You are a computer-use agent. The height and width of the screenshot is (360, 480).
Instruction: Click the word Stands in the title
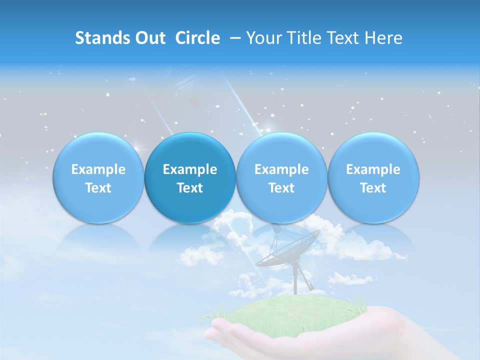click(x=98, y=38)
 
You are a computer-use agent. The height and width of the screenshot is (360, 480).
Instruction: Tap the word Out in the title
click(x=149, y=38)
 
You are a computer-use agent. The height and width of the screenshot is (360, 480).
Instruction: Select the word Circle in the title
click(x=197, y=38)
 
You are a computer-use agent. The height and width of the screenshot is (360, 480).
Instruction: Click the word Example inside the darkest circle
click(x=190, y=169)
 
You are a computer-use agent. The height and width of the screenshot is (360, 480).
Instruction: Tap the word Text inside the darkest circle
click(x=190, y=188)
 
